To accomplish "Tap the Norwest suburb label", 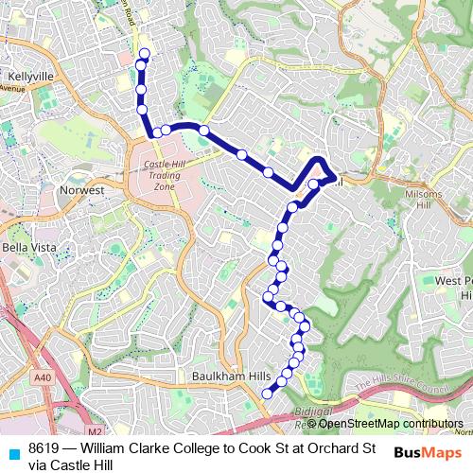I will coord(80,190).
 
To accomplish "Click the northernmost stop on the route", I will coord(145,54).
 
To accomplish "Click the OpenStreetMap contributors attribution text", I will coord(397,424).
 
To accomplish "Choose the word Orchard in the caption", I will coord(332,448).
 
